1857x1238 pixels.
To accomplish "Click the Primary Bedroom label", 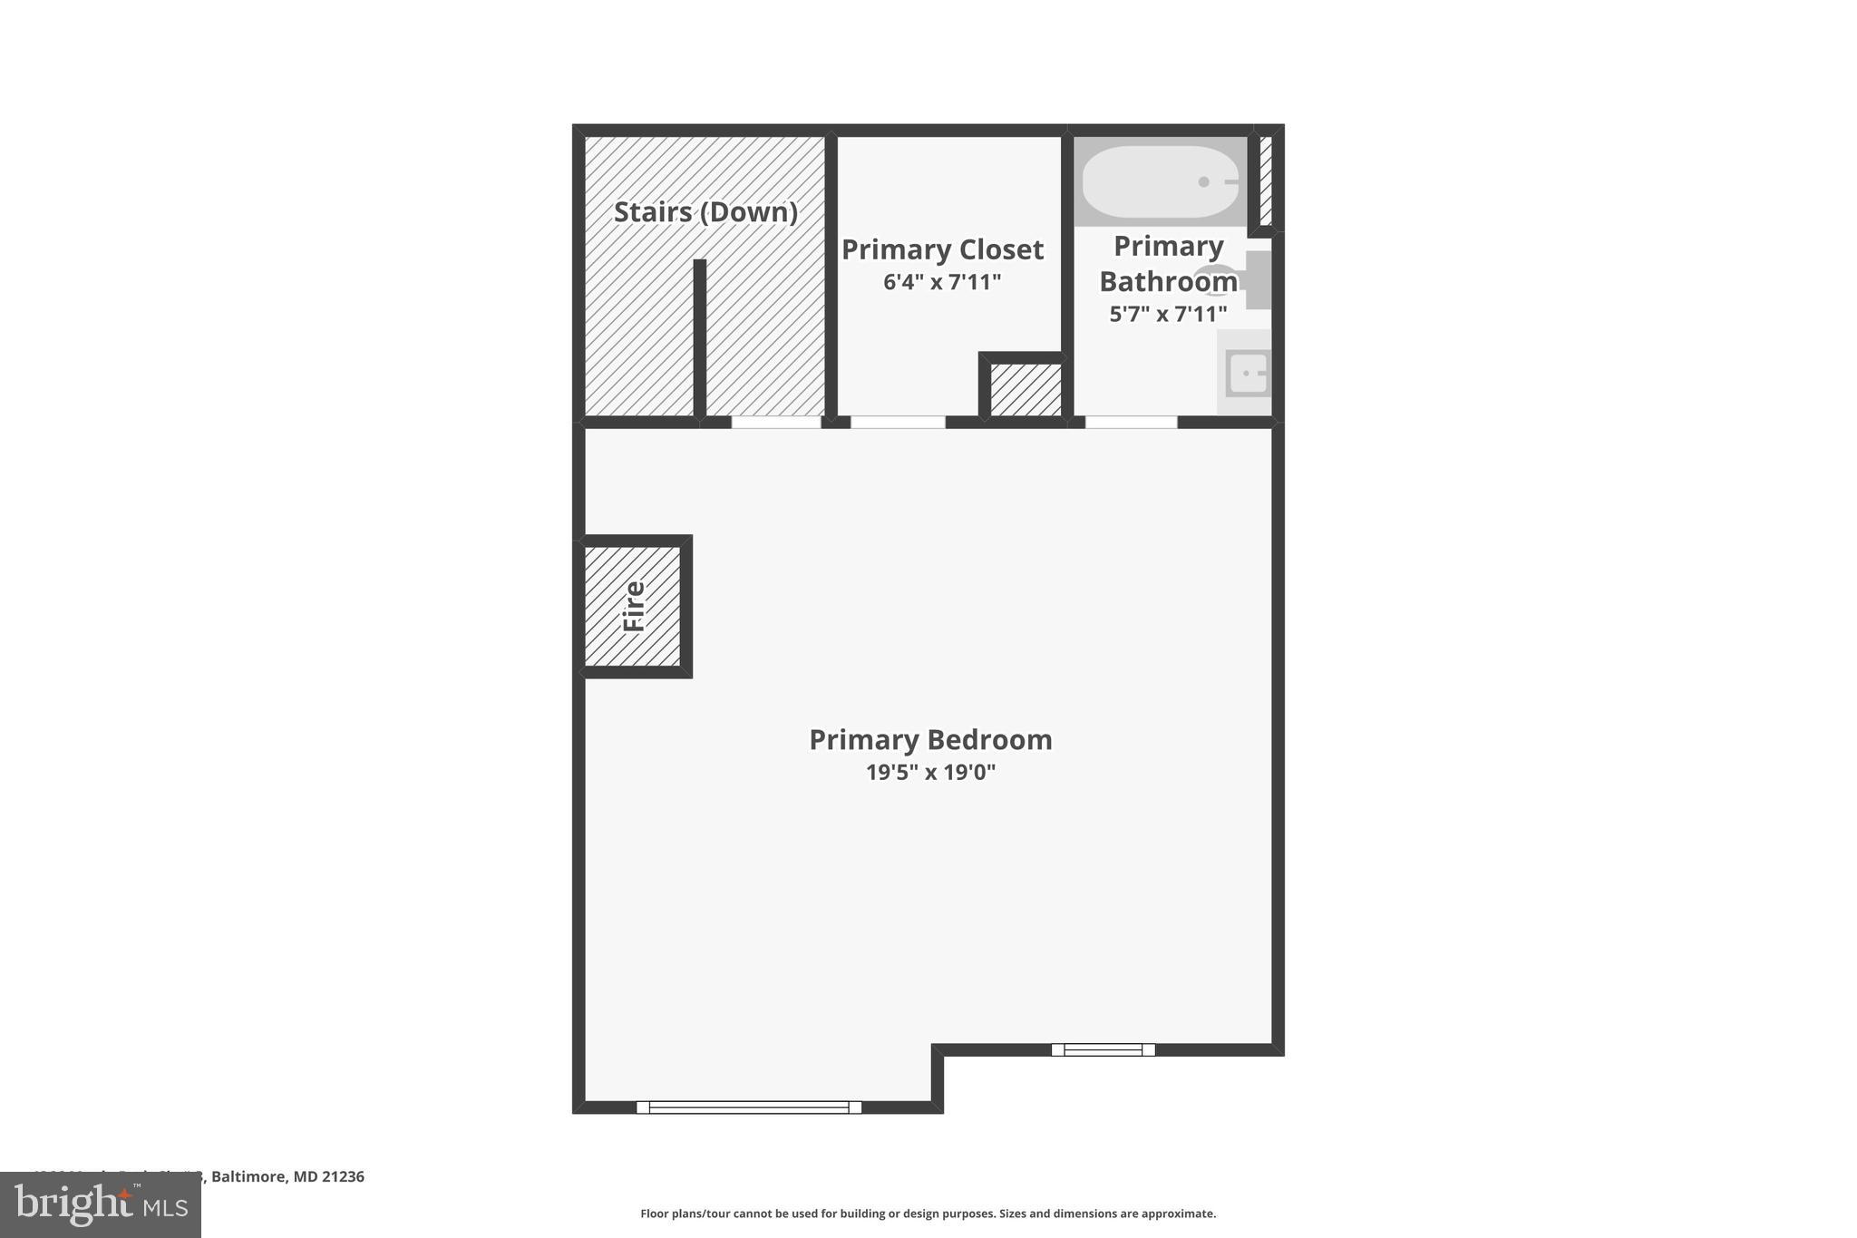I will pos(930,739).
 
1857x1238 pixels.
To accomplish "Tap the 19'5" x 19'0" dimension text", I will pos(930,773).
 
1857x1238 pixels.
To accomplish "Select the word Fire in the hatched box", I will pos(634,606).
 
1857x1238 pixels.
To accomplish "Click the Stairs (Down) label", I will pos(705,212).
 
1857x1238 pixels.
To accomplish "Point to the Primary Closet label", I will pos(942,249).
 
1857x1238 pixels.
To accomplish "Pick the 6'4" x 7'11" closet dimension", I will pos(942,282).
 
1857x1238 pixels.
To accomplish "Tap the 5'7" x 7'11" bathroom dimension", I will pos(1168,315).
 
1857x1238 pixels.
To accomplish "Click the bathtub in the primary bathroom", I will pos(1160,182).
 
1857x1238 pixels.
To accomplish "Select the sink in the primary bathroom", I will pos(1248,374).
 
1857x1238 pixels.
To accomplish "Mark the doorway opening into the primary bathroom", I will pos(1131,422).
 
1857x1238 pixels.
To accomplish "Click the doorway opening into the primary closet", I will pos(897,422).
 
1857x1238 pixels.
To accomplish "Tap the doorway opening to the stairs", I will pos(776,422).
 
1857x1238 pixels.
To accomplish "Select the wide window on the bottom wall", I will pos(749,1106).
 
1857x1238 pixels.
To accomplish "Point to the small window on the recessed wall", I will pos(1103,1049).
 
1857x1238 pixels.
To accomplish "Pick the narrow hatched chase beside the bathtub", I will pos(1266,180).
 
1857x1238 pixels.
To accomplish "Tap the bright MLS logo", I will pos(101,1204).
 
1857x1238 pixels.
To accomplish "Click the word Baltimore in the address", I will pos(248,1176).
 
